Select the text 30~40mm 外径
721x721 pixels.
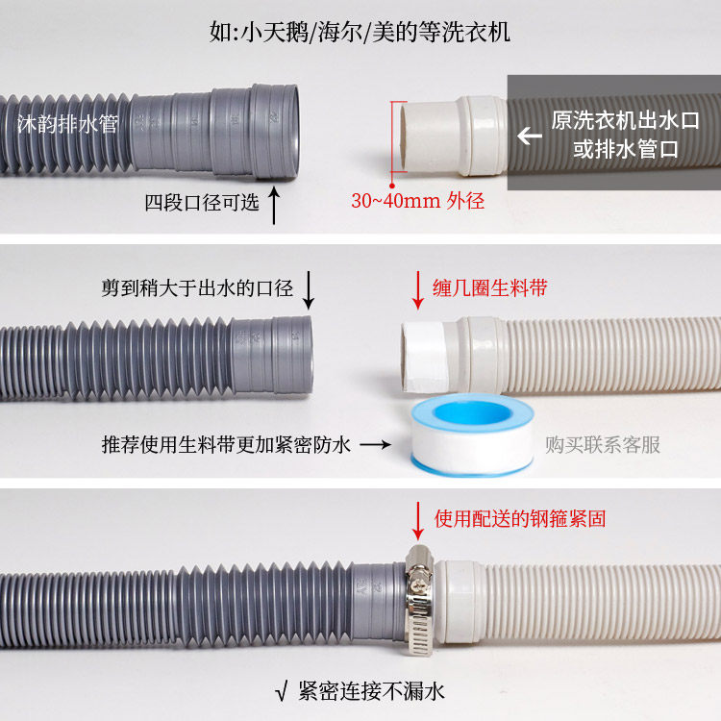coord(417,201)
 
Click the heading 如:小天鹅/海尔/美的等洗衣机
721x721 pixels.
coord(360,32)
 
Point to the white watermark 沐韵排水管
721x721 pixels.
coord(66,124)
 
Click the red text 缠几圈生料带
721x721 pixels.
coord(491,287)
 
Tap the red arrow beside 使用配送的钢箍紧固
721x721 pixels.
coord(418,519)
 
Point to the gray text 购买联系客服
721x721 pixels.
coord(603,444)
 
